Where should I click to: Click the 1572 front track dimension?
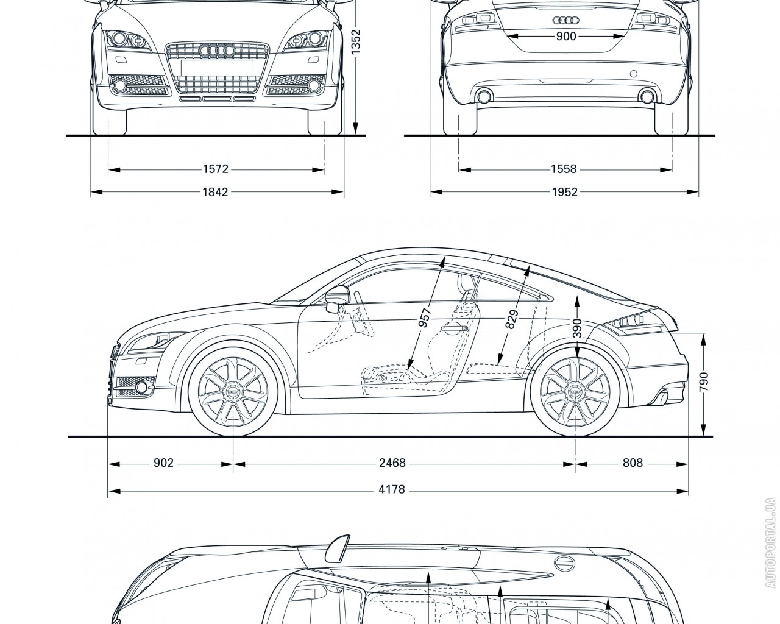pos(216,169)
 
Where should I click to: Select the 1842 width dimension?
pos(216,193)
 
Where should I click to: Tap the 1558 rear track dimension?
pos(565,169)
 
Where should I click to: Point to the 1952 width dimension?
pos(565,193)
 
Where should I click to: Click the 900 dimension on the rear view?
pos(566,37)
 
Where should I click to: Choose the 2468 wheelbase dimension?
pos(392,463)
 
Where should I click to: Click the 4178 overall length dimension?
pos(392,489)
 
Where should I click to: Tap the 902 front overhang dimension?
pos(163,463)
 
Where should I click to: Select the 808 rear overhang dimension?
pos(633,463)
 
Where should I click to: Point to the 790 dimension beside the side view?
pos(704,384)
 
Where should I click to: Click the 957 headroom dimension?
pos(425,317)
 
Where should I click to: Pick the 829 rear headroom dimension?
pos(512,319)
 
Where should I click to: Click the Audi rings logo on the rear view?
pos(565,19)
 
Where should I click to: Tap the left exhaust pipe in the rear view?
pos(485,96)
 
